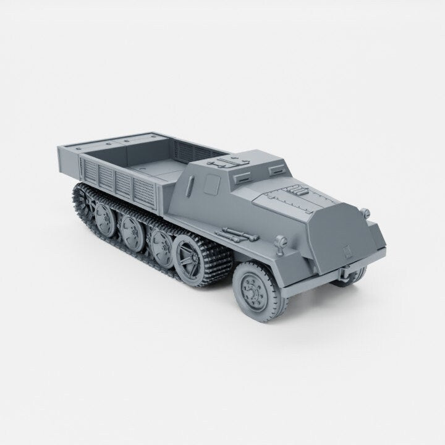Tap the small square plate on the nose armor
pos(347,250)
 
